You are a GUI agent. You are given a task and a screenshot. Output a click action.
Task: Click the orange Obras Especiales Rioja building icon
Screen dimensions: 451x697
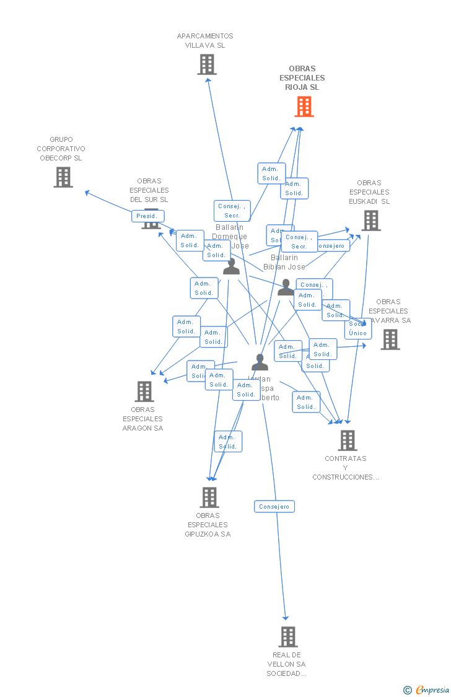click(304, 107)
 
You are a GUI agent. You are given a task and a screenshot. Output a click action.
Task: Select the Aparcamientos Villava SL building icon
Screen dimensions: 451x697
click(207, 64)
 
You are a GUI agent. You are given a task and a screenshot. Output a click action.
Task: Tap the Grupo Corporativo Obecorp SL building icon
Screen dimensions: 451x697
click(63, 177)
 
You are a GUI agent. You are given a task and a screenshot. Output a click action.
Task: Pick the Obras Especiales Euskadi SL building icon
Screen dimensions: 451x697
click(370, 221)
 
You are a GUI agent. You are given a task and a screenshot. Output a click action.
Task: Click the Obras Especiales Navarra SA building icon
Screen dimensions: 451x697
click(390, 340)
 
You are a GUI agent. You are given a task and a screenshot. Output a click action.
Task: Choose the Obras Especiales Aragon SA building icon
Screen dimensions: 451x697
click(144, 392)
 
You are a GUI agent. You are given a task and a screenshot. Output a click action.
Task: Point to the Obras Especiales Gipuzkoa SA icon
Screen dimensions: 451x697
click(209, 498)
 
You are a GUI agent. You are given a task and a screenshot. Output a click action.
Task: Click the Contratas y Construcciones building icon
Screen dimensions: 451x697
click(347, 441)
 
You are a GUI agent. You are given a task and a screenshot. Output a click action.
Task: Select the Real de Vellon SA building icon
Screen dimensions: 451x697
click(287, 637)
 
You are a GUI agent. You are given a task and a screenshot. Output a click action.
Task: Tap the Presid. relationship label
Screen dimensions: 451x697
click(147, 216)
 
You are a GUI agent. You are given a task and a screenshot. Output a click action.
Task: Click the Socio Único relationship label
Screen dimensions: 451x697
click(358, 328)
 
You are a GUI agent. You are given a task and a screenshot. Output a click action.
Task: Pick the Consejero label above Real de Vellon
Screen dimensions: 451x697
click(274, 507)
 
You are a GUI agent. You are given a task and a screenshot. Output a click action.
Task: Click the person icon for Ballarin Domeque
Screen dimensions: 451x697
click(231, 267)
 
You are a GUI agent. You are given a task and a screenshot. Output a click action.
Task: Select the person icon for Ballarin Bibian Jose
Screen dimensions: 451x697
click(286, 287)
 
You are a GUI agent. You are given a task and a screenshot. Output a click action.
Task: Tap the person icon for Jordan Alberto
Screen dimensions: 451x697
click(260, 362)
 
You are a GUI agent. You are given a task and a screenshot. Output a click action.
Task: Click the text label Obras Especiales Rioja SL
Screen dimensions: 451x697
click(302, 78)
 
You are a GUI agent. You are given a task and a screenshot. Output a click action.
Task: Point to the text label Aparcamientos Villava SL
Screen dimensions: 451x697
click(205, 41)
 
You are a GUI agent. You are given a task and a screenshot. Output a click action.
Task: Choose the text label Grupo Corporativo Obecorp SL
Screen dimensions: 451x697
click(61, 149)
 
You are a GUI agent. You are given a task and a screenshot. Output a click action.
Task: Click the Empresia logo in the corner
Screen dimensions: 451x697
click(427, 690)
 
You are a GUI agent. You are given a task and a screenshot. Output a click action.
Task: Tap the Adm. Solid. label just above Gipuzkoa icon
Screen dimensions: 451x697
click(228, 442)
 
